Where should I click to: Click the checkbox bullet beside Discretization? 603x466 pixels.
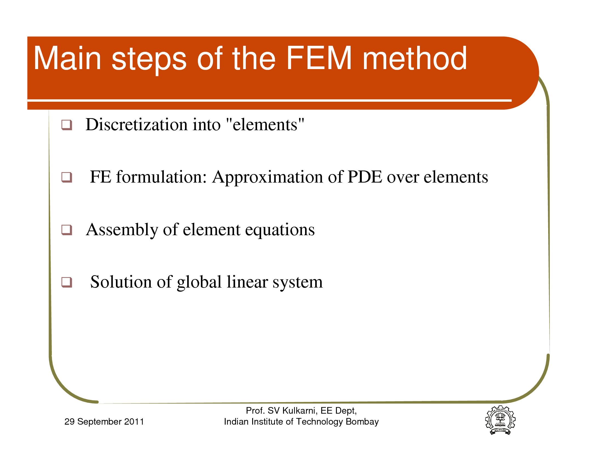tap(67, 125)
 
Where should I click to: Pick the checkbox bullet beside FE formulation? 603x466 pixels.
tap(67, 178)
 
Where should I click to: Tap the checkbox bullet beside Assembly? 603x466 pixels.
tap(67, 230)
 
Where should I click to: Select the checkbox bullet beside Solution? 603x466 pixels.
tap(67, 282)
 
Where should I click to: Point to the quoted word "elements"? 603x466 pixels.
tap(265, 124)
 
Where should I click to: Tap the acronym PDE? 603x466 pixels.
tap(365, 177)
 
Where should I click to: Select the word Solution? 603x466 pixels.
tap(121, 282)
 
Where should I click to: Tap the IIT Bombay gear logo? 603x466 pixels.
tap(500, 420)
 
